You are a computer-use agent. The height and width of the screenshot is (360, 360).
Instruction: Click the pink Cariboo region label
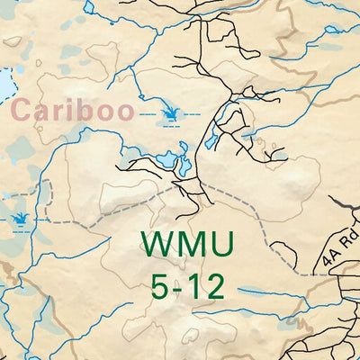(x=73, y=112)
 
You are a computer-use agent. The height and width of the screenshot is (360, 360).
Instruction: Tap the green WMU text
(x=187, y=245)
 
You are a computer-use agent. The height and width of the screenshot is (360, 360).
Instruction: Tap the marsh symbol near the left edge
(x=19, y=219)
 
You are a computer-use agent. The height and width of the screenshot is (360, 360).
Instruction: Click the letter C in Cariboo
(x=22, y=112)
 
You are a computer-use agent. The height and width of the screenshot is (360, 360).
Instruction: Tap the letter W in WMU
(x=157, y=245)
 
